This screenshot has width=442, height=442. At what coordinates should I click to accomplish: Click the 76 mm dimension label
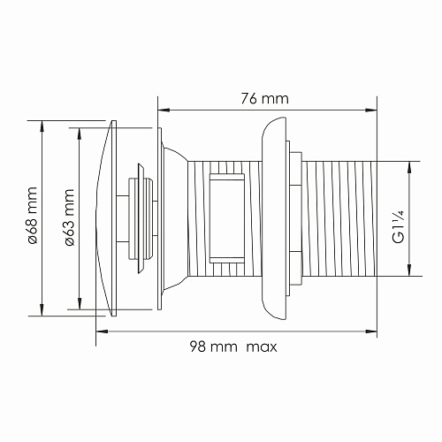click(x=264, y=99)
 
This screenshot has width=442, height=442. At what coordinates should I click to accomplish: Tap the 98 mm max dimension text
click(x=233, y=347)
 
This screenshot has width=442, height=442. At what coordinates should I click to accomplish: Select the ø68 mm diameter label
click(x=32, y=216)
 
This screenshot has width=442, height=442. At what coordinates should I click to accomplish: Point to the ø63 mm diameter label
click(x=69, y=217)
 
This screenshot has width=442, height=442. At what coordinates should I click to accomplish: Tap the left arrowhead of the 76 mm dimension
click(x=164, y=110)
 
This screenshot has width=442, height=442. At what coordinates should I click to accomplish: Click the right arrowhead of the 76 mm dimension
click(x=371, y=110)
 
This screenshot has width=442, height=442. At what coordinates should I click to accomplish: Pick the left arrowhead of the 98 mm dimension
click(x=103, y=331)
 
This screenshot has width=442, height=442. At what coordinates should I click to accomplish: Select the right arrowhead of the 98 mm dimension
click(x=371, y=331)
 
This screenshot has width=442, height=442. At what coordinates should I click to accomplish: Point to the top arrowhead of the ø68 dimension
click(x=42, y=126)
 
